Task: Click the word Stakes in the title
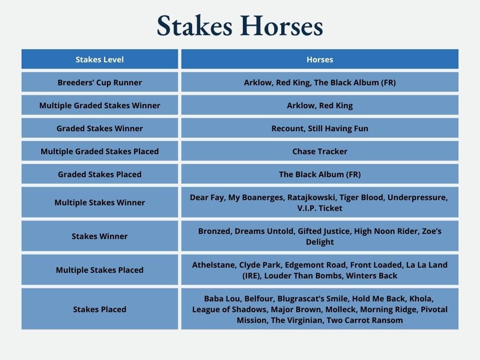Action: tap(195, 26)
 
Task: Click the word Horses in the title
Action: tap(282, 26)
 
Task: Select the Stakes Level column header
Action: tap(100, 60)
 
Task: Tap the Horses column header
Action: tap(320, 60)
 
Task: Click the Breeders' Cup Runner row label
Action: tap(100, 82)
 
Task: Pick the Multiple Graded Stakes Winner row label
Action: tap(100, 105)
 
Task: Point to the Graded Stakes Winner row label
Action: tap(100, 128)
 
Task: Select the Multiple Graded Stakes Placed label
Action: tap(100, 151)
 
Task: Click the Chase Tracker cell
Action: tap(320, 151)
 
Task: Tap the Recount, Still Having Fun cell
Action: tap(320, 128)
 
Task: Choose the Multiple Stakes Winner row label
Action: tap(100, 202)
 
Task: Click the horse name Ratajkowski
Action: tap(312, 197)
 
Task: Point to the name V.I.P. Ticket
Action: tap(320, 208)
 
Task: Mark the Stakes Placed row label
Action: tap(100, 309)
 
